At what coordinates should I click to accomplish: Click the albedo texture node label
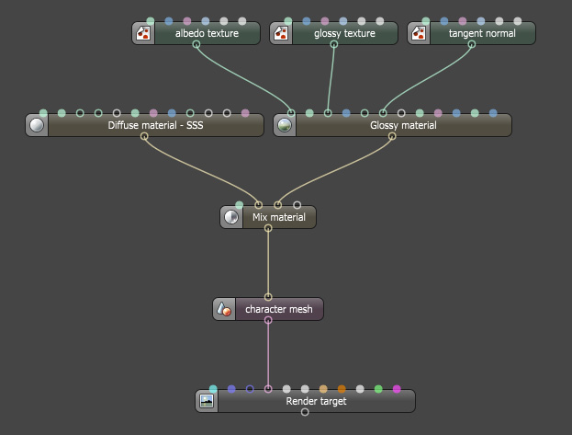pyautogui.click(x=207, y=34)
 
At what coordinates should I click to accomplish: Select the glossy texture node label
pyautogui.click(x=344, y=34)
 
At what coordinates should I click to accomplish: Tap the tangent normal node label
pyautogui.click(x=482, y=34)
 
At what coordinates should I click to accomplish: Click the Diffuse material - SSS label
pyautogui.click(x=155, y=126)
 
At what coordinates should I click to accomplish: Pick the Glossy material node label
pyautogui.click(x=403, y=126)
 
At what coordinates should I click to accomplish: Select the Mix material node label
pyautogui.click(x=278, y=218)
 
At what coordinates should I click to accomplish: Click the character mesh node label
pyautogui.click(x=278, y=310)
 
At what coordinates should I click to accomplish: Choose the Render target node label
pyautogui.click(x=316, y=402)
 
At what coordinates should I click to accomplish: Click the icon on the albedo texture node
pyautogui.click(x=143, y=34)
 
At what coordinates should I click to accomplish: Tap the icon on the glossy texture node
pyautogui.click(x=281, y=34)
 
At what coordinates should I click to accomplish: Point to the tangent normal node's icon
pyautogui.click(x=419, y=34)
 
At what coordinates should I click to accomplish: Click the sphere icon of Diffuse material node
pyautogui.click(x=37, y=126)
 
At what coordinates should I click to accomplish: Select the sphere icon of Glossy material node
pyautogui.click(x=285, y=126)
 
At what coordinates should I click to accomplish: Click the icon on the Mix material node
pyautogui.click(x=231, y=218)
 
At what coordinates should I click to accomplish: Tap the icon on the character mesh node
pyautogui.click(x=224, y=310)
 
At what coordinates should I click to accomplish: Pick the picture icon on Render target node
pyautogui.click(x=207, y=402)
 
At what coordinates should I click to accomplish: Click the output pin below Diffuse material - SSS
pyautogui.click(x=144, y=137)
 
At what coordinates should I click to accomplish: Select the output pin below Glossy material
pyautogui.click(x=392, y=137)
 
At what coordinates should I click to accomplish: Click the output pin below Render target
pyautogui.click(x=305, y=413)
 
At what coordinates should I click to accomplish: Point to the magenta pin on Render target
pyautogui.click(x=397, y=390)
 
